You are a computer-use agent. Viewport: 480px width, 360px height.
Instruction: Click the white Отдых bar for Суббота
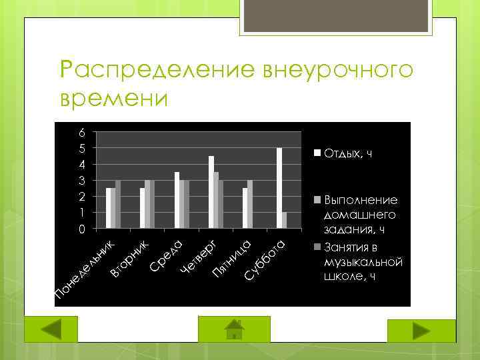point(279,188)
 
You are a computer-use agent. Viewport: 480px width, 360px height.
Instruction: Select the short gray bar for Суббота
point(285,220)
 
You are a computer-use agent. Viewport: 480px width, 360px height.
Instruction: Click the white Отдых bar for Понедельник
point(108,208)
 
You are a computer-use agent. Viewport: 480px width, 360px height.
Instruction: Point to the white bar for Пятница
point(245,208)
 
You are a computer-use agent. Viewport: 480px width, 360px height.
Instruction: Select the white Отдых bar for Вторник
point(142,208)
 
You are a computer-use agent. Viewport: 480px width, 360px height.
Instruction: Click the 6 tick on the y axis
point(81,131)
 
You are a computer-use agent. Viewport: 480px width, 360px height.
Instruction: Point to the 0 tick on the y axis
point(81,229)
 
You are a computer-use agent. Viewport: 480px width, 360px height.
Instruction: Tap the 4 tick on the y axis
point(81,164)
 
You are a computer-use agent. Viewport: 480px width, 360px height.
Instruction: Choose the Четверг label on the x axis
point(197,256)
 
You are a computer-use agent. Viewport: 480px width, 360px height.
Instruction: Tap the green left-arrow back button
point(51,330)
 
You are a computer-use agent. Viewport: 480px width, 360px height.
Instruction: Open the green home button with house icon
point(233,329)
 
